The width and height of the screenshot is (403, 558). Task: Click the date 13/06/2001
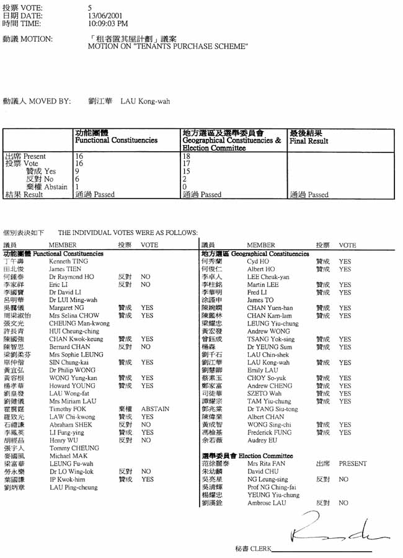tap(106, 15)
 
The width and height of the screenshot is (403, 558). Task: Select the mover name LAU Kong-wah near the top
tap(145, 101)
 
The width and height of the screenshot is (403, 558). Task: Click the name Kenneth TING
tap(68, 262)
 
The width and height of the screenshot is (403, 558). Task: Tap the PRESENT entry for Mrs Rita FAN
tap(352, 464)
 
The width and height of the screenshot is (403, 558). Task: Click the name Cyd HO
tap(257, 262)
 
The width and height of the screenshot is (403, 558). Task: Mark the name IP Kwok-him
tap(67, 479)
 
